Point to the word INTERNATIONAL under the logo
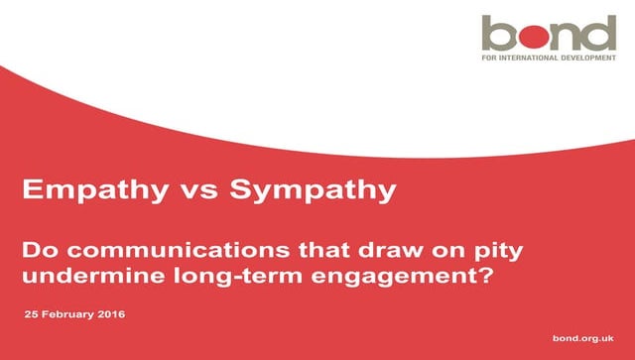[x=534, y=59]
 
